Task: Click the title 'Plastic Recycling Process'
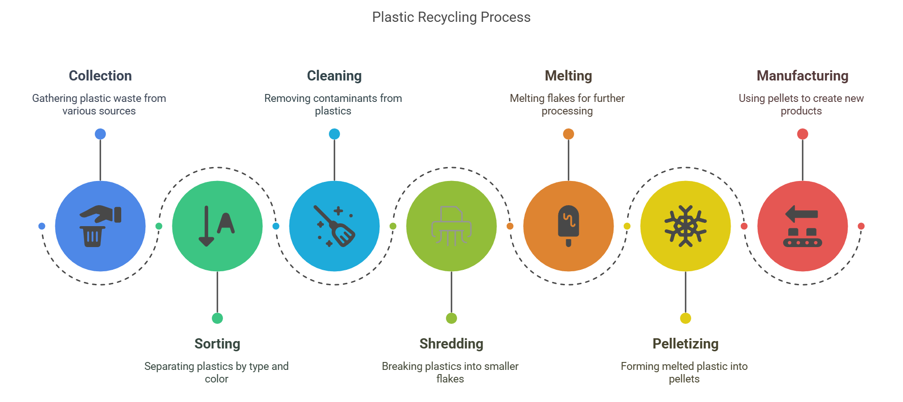click(451, 17)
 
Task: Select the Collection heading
click(100, 75)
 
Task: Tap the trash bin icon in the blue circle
click(93, 236)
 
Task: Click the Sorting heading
click(217, 343)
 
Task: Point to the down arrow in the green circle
click(206, 227)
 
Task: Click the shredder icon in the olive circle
click(451, 226)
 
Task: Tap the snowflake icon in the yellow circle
click(685, 226)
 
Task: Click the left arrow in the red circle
click(801, 214)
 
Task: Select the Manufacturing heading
click(802, 75)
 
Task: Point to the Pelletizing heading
click(685, 343)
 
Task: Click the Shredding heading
click(451, 343)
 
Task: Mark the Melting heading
click(568, 75)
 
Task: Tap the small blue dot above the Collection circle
click(100, 134)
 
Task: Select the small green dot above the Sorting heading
click(217, 318)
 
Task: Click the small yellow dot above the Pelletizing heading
click(686, 318)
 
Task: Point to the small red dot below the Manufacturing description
click(803, 134)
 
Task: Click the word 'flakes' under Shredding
click(450, 379)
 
